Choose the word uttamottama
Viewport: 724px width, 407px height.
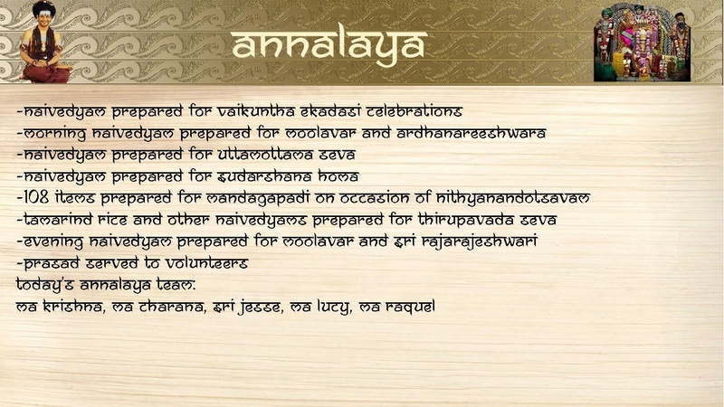tap(264, 155)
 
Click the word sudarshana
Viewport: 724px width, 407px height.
tap(263, 176)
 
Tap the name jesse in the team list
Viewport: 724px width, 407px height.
tap(255, 307)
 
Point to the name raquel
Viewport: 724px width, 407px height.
tap(411, 307)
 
